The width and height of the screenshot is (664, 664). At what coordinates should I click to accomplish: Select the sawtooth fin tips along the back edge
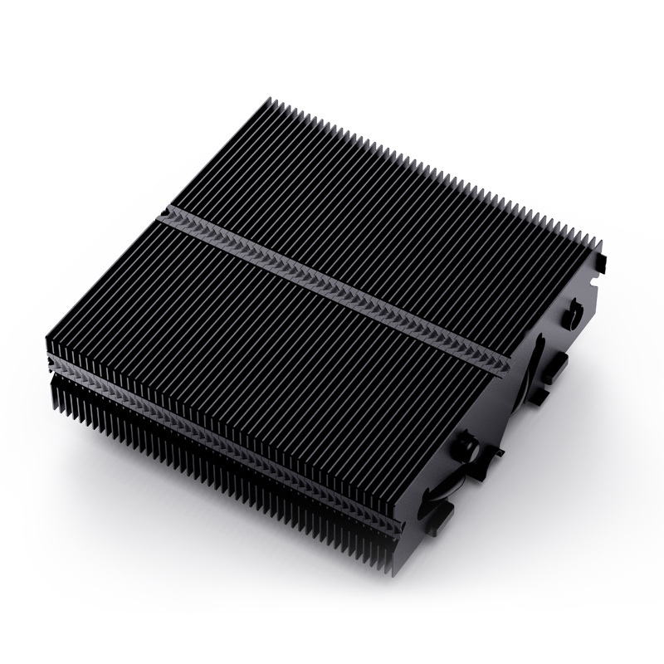click(x=432, y=166)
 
